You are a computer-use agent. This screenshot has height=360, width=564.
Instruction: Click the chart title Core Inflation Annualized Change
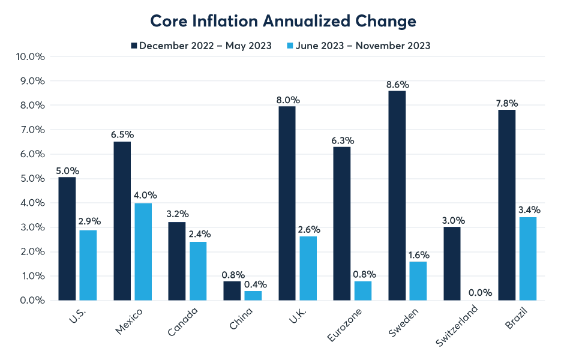[283, 21]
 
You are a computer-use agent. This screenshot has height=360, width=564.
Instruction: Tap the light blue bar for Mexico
[143, 251]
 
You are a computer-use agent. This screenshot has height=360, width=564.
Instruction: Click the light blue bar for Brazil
[528, 259]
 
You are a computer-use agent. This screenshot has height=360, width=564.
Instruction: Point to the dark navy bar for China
[232, 290]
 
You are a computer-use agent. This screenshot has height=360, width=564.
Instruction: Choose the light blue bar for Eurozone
[363, 290]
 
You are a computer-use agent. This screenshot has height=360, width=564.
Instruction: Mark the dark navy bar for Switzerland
[452, 263]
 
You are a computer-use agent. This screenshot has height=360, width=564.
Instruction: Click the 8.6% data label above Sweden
[397, 84]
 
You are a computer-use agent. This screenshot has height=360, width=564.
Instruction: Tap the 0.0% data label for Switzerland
[480, 293]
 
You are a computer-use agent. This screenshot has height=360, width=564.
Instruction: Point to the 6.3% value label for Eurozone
[342, 140]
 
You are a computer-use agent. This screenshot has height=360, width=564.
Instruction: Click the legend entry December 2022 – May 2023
[200, 46]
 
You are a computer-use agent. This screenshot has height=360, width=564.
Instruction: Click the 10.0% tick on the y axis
[29, 57]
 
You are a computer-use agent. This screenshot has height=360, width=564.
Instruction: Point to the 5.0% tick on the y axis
[31, 179]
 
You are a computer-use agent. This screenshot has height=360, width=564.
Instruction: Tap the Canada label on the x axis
[183, 321]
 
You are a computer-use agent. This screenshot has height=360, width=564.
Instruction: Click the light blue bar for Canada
[198, 271]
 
